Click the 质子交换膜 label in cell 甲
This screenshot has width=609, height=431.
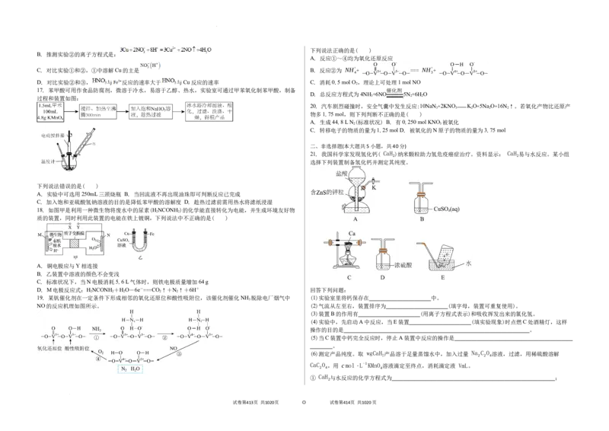(x=85, y=231)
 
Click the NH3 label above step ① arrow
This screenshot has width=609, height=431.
(x=97, y=329)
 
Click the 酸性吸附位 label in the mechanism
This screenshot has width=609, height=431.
(x=89, y=347)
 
